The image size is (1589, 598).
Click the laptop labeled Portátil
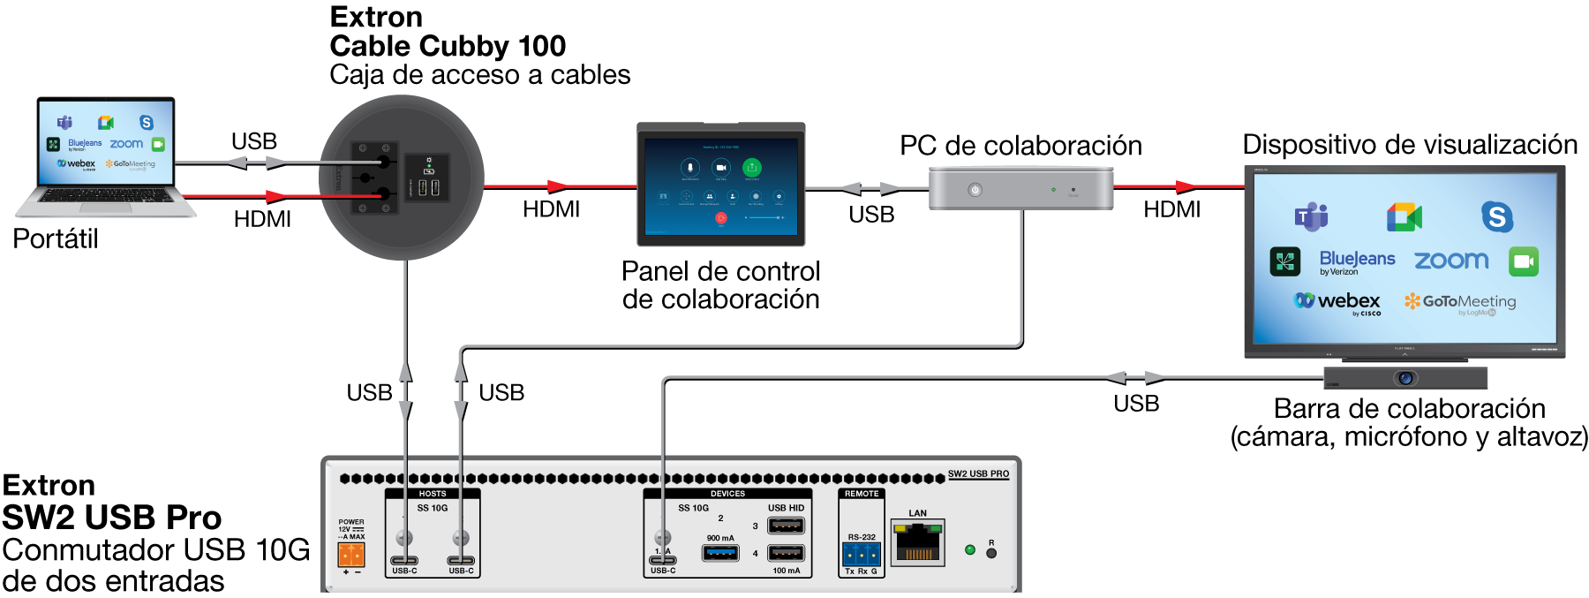point(106,155)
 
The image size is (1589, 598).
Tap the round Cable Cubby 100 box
point(401,178)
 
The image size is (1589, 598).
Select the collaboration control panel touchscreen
point(720,185)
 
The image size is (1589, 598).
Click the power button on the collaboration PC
point(975,190)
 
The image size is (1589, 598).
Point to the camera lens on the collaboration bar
point(1405,378)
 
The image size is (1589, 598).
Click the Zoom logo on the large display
point(1451,261)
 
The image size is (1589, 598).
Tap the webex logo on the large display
point(1337,301)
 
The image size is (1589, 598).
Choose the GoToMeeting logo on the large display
point(1460,302)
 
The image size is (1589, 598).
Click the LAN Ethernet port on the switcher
point(917,542)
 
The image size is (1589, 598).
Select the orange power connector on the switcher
point(351,554)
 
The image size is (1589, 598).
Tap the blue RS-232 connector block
point(861,554)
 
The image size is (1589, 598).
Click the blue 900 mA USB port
point(720,553)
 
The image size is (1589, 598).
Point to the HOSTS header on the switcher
point(433,494)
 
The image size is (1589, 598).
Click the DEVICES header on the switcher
point(727,494)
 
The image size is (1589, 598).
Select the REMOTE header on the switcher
point(862,494)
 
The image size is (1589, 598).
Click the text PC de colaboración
point(1020,146)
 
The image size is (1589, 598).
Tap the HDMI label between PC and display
point(1171,209)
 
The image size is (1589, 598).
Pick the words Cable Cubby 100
point(448,46)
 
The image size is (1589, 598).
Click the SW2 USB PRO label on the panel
point(978,474)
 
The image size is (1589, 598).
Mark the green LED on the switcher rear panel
point(970,549)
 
